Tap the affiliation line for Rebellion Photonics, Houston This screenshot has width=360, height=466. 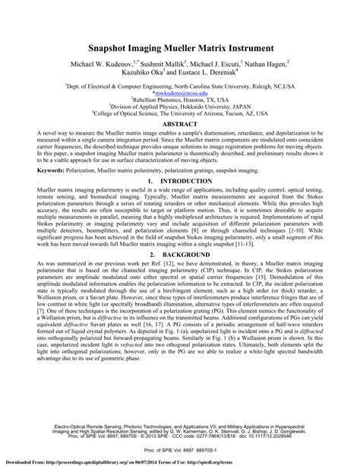(x=179, y=99)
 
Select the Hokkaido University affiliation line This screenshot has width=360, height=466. (x=179, y=107)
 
